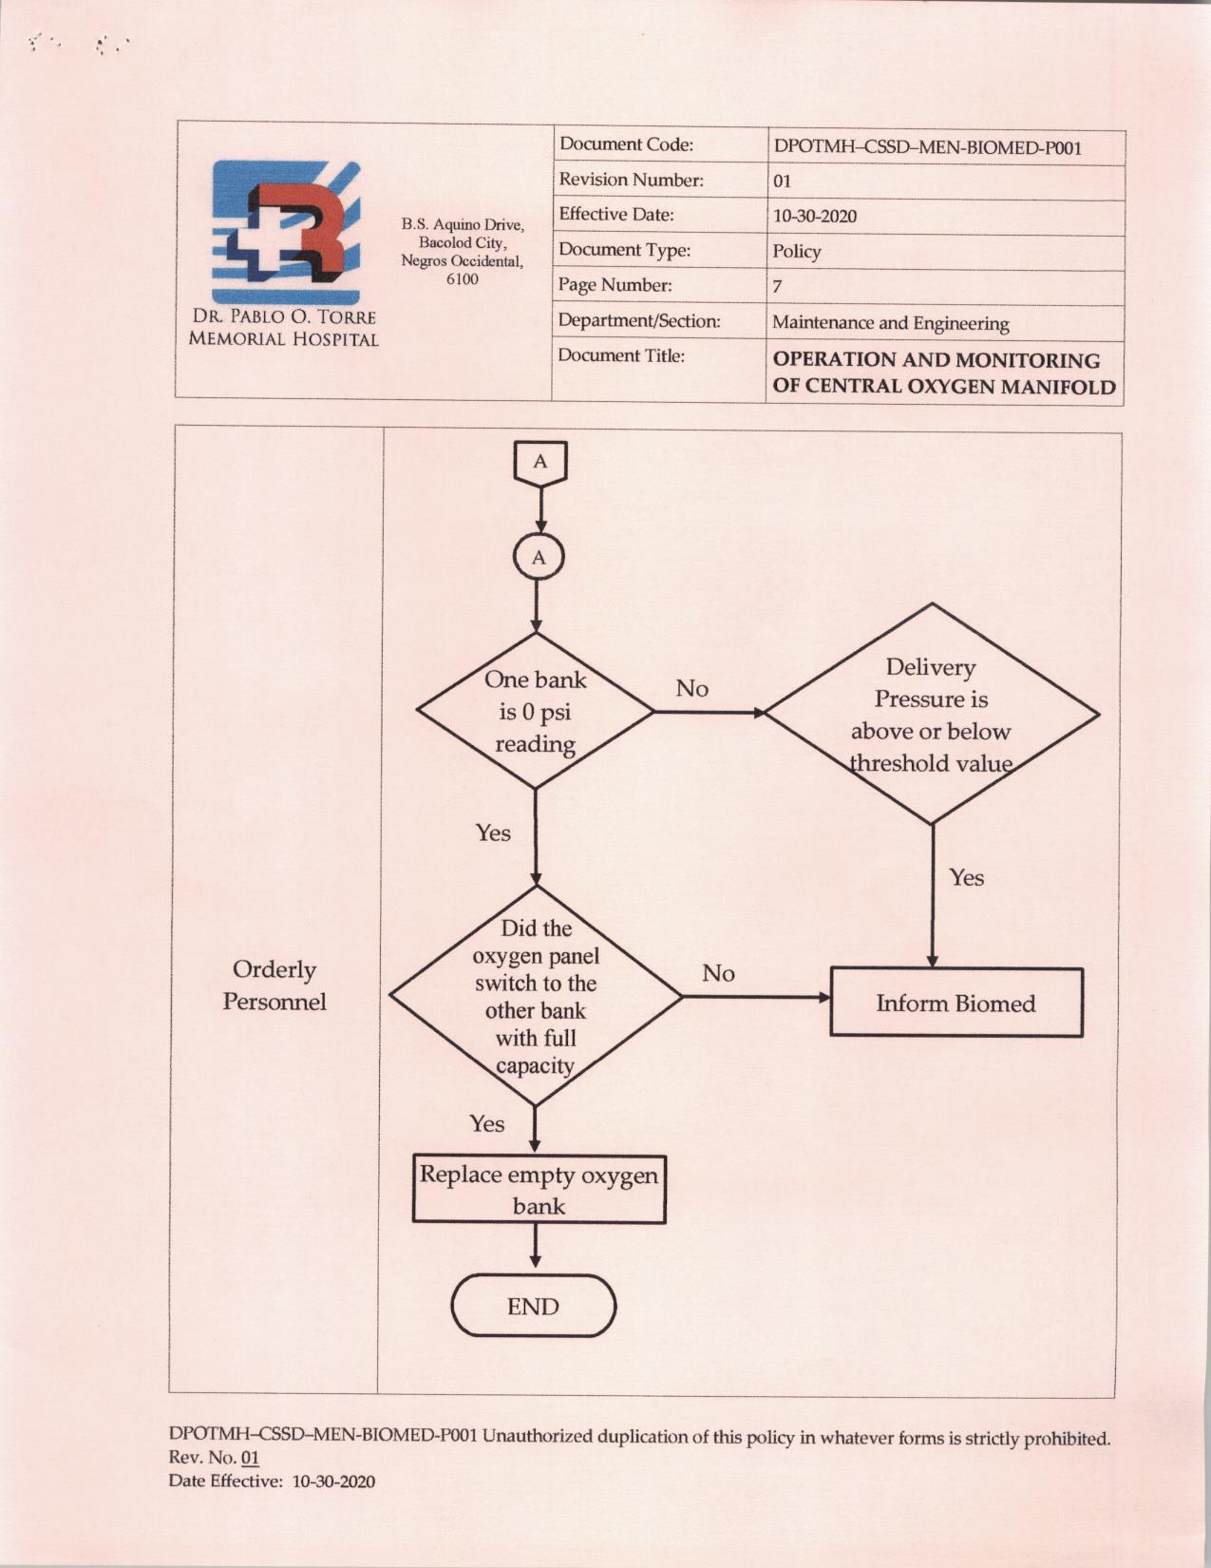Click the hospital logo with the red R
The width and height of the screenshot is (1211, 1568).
pyautogui.click(x=286, y=232)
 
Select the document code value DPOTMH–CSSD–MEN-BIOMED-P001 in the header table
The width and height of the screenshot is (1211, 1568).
pyautogui.click(x=928, y=148)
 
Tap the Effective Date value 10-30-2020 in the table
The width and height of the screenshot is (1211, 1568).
pyautogui.click(x=814, y=216)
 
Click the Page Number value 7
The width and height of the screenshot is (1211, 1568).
pyautogui.click(x=778, y=286)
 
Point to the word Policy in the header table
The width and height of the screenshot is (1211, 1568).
pyautogui.click(x=796, y=251)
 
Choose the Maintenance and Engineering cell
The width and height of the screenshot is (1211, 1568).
pyautogui.click(x=891, y=322)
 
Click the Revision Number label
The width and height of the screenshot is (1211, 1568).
pyautogui.click(x=631, y=180)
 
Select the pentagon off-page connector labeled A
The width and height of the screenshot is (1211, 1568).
pyautogui.click(x=540, y=464)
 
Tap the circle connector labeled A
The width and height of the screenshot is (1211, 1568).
pyautogui.click(x=538, y=558)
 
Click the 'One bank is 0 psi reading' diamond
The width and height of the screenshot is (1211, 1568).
pyautogui.click(x=535, y=711)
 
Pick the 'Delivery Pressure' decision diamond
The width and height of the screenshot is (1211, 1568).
pyautogui.click(x=931, y=714)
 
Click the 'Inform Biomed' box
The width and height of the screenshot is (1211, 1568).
pyautogui.click(x=956, y=1003)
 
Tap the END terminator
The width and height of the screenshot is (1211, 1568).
pyautogui.click(x=533, y=1307)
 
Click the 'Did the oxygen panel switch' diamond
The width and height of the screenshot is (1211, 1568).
pyautogui.click(x=535, y=997)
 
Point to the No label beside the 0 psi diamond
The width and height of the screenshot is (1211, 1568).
pyautogui.click(x=691, y=689)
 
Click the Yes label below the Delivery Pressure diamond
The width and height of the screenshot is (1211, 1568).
pyautogui.click(x=967, y=877)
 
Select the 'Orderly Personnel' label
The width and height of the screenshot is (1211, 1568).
pyautogui.click(x=274, y=985)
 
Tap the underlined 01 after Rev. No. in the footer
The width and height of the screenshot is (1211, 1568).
pyautogui.click(x=250, y=1458)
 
